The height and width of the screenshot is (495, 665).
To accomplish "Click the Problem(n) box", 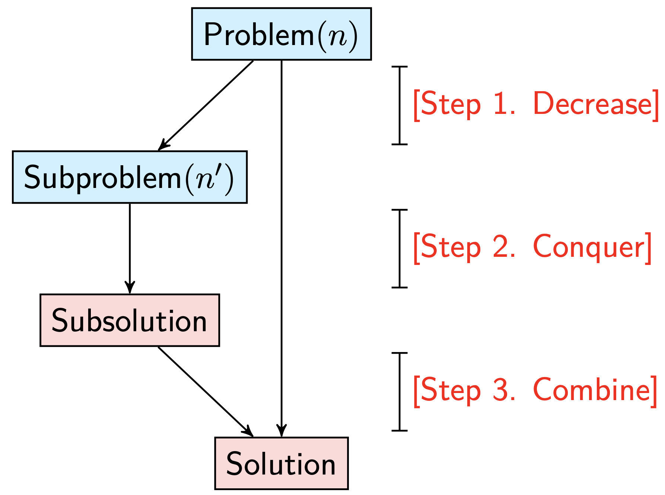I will click(x=281, y=34).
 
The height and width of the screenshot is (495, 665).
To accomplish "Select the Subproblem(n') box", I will click(x=130, y=177).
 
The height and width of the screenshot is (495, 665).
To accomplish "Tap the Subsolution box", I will click(x=130, y=320).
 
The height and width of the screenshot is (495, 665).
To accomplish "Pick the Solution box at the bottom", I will click(x=281, y=463).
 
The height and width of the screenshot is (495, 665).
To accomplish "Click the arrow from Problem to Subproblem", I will click(x=206, y=105).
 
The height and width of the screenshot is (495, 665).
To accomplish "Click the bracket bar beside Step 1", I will click(x=400, y=105).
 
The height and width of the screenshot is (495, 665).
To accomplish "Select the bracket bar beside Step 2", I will click(x=400, y=248).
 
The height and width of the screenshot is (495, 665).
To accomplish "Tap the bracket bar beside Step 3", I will click(x=400, y=392).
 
